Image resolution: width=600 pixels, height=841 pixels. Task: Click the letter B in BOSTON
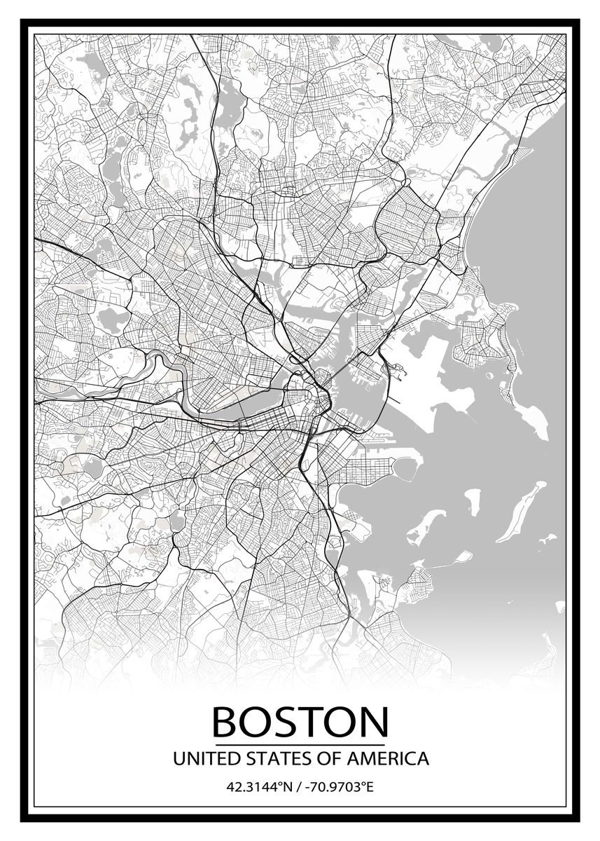[226, 721]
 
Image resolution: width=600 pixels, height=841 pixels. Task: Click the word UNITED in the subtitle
[199, 758]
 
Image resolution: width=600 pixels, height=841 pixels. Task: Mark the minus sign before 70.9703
[306, 788]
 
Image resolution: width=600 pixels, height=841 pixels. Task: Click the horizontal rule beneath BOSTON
[300, 744]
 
